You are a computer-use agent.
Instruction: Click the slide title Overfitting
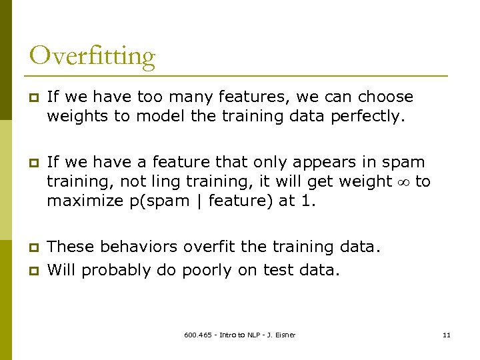92,56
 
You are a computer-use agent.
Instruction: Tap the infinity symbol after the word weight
403,181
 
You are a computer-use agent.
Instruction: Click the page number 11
446,335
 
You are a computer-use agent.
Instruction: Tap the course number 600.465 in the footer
197,335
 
